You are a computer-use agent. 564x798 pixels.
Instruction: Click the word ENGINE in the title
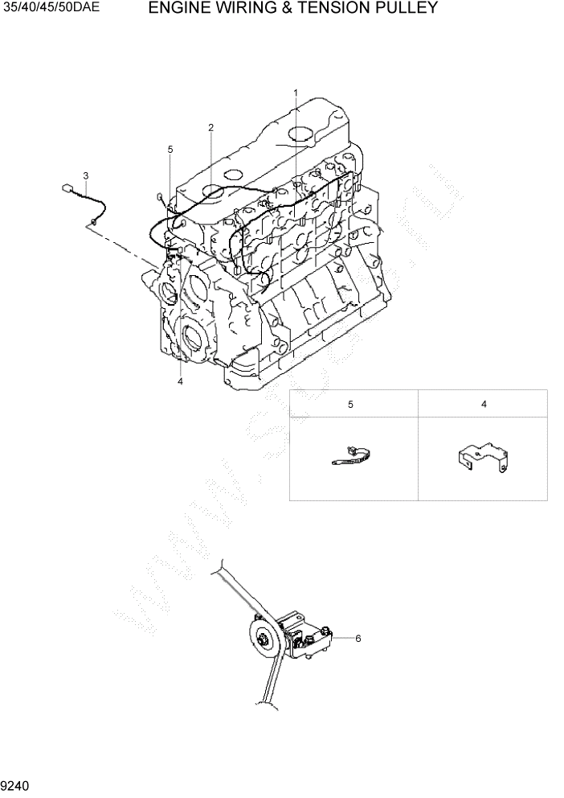click(180, 9)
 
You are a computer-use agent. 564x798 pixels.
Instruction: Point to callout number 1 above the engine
click(295, 93)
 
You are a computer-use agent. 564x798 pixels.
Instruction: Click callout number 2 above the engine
click(210, 127)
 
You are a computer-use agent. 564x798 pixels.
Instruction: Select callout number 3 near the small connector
click(86, 175)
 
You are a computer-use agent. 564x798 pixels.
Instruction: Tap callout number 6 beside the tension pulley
click(358, 638)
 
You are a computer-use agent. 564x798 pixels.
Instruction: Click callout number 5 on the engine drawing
click(170, 150)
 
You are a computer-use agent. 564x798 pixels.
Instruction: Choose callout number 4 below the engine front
click(180, 381)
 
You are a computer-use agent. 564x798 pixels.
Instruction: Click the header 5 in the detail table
click(350, 405)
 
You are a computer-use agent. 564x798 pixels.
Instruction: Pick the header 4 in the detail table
click(484, 405)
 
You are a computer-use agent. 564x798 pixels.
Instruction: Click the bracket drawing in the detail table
click(482, 459)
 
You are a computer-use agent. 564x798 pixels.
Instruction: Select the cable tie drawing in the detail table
click(351, 456)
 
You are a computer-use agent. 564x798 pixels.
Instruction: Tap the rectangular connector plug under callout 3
click(68, 189)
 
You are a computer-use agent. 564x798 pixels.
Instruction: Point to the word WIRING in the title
click(242, 9)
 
